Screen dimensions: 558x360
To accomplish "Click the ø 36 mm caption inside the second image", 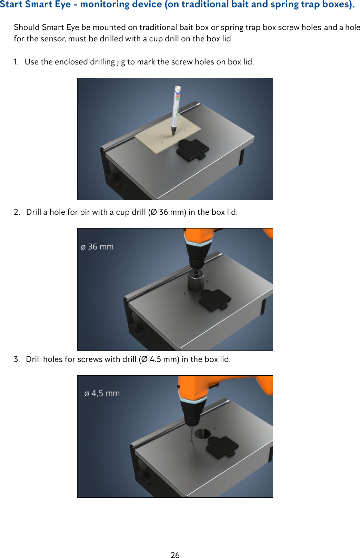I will point(97,247).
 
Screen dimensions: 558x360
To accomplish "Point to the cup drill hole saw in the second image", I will point(196,281).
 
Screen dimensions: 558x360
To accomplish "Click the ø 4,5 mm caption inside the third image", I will point(102,393).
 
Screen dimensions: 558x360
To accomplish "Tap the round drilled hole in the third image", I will point(202,434).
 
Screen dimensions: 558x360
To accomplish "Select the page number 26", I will point(175,555).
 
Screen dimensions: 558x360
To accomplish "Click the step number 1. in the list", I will point(16,62).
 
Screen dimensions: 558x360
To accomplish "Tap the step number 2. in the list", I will point(17,212).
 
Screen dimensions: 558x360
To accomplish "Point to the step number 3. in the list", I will point(17,359).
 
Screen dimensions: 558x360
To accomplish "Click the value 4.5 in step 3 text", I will point(155,359).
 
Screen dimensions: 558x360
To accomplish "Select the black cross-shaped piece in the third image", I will point(222,447).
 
